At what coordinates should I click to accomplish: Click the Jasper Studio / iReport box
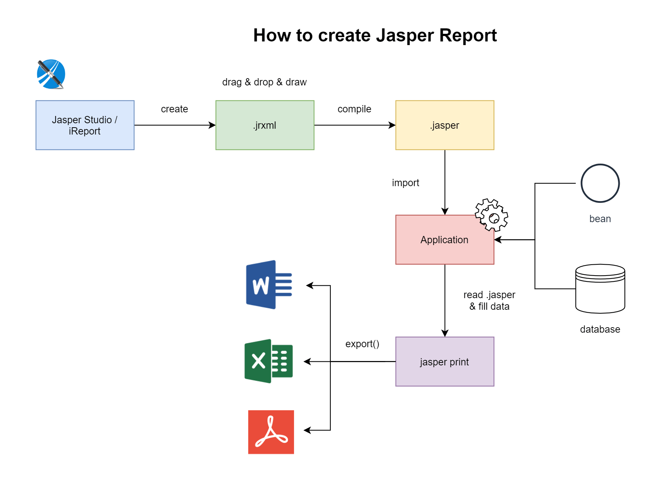click(x=85, y=125)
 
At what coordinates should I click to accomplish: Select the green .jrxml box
click(x=265, y=125)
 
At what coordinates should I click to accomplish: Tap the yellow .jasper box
click(x=445, y=125)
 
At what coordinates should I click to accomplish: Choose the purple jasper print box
click(x=445, y=361)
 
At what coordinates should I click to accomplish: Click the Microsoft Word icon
click(x=269, y=285)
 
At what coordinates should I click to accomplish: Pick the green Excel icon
click(x=269, y=361)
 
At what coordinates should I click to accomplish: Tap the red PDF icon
click(x=271, y=432)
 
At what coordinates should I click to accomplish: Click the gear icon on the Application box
click(x=491, y=215)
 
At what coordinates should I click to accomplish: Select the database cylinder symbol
click(x=600, y=289)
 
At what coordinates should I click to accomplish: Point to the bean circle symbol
click(x=600, y=183)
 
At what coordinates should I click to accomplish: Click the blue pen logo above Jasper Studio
click(x=51, y=74)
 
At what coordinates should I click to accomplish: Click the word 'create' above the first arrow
click(x=174, y=109)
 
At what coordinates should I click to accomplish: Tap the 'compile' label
click(x=354, y=109)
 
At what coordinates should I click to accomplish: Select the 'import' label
click(x=405, y=183)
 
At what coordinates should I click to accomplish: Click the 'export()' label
click(x=362, y=344)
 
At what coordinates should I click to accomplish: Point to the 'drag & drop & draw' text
click(x=264, y=82)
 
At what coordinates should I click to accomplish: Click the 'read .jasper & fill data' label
click(x=489, y=301)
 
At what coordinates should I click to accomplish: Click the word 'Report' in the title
click(x=468, y=36)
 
